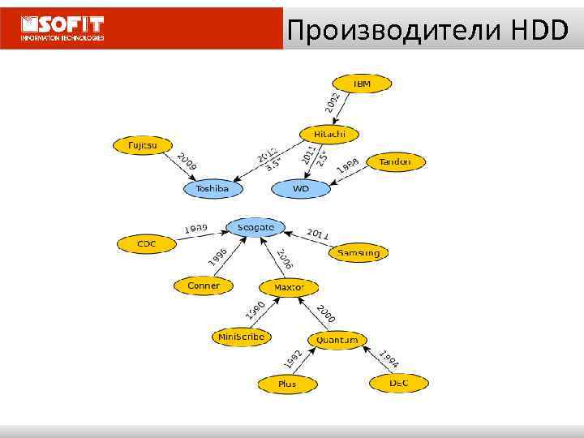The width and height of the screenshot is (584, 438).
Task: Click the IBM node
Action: click(362, 84)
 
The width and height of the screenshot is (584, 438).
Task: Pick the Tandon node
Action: click(395, 161)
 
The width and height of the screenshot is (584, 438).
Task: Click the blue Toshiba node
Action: click(213, 189)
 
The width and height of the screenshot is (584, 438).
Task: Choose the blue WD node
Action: click(301, 189)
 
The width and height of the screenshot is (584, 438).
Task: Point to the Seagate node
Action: click(256, 227)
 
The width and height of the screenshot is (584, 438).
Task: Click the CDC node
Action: click(147, 243)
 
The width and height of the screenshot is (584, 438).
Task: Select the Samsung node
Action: click(358, 252)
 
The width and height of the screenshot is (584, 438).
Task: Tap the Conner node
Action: click(204, 286)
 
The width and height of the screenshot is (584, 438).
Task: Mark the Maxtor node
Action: click(289, 287)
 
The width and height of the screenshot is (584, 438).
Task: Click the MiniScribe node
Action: click(241, 336)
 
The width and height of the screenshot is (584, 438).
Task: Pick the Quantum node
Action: click(337, 340)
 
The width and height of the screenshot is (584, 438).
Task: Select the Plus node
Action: click(287, 383)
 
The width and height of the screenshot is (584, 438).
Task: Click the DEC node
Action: click(398, 382)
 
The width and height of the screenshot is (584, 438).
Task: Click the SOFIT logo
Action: click(63, 28)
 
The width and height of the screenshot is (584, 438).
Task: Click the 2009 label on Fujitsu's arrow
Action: click(187, 163)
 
